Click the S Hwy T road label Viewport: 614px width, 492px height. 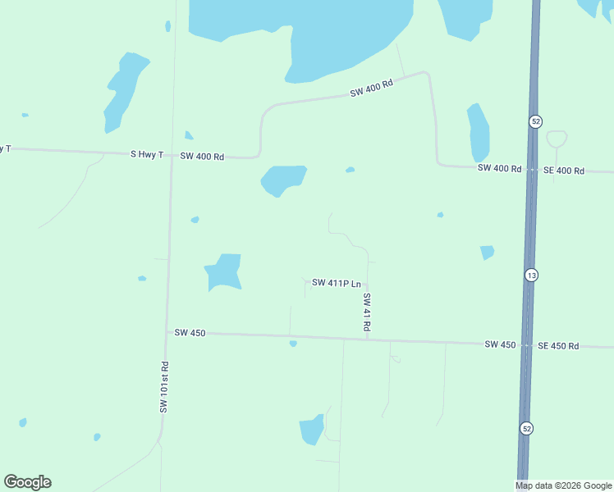[x=147, y=154]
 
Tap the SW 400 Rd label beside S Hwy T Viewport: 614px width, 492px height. [x=202, y=156]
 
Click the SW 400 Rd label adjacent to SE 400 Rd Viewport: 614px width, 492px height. [x=500, y=168]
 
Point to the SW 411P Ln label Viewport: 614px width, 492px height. [x=337, y=284]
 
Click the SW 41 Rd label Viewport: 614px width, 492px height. [x=367, y=312]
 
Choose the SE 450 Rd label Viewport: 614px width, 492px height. [x=558, y=346]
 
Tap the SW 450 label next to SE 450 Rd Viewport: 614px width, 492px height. [x=500, y=344]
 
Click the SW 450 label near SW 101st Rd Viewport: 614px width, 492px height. [x=190, y=333]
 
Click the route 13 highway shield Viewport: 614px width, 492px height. [x=532, y=276]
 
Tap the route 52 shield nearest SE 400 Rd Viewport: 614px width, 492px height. [x=535, y=121]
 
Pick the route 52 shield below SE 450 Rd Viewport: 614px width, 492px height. [x=525, y=428]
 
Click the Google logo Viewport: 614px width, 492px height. [x=27, y=482]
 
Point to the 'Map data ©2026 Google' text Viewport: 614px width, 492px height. [x=563, y=485]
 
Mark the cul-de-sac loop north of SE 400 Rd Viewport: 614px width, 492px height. [x=557, y=138]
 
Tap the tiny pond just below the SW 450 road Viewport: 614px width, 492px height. [x=293, y=344]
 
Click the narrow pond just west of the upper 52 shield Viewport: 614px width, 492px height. [x=478, y=133]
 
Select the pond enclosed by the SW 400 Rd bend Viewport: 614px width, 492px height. [x=283, y=180]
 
